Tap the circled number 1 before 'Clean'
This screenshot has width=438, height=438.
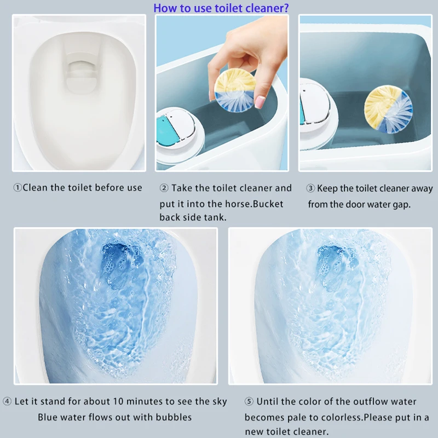[18, 188]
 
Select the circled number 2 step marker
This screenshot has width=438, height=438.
[164, 188]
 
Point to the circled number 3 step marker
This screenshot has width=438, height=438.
[310, 188]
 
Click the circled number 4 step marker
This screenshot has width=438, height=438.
[7, 402]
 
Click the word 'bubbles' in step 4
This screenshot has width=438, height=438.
[174, 417]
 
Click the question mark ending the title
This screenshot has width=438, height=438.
[287, 8]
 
